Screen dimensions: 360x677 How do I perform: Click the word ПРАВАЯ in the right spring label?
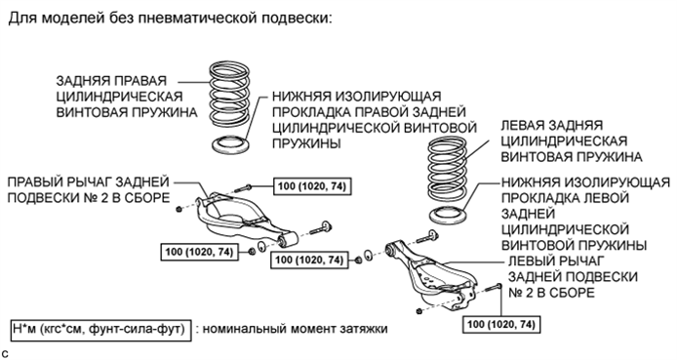[x=142, y=80]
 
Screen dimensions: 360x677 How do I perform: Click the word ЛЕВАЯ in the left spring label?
[x=528, y=126]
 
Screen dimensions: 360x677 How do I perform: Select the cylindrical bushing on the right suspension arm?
[x=289, y=237]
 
